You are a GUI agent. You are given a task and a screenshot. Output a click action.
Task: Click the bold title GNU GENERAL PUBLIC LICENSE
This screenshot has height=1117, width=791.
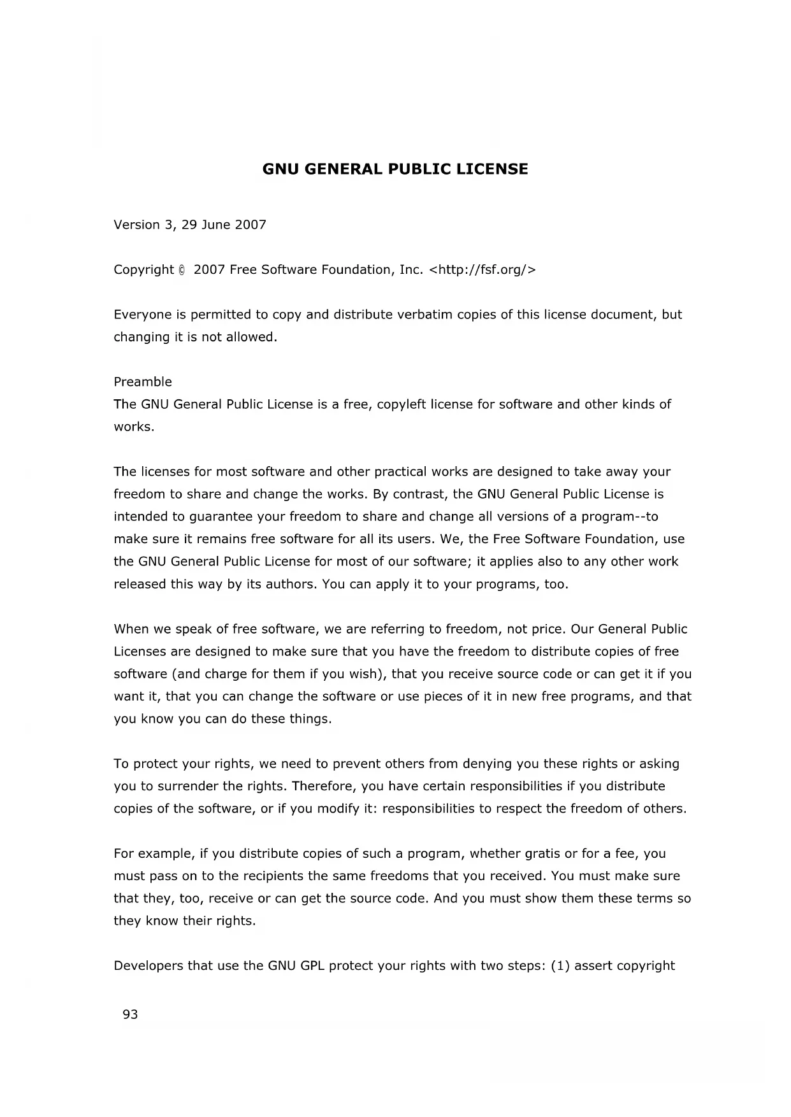coord(395,169)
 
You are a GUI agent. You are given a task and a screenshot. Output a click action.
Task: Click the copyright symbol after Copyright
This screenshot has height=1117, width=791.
coord(182,270)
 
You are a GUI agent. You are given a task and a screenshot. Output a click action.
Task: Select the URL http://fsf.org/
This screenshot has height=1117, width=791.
coord(483,270)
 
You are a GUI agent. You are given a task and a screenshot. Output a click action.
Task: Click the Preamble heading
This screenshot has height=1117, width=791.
coord(143,382)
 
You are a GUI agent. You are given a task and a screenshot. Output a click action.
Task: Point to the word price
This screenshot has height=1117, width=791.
coord(546,629)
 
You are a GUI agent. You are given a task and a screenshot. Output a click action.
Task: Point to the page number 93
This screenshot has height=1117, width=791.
coord(130,1014)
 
